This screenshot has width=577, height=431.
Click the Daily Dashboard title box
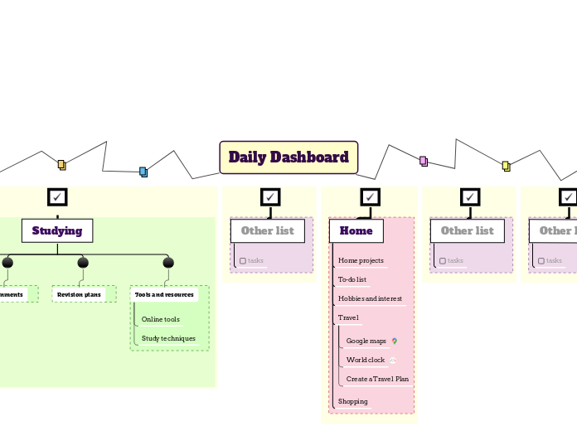coord(288,157)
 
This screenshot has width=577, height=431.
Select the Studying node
coord(57,230)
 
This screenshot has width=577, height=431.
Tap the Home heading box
coord(356,230)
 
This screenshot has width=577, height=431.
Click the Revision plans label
coord(80,294)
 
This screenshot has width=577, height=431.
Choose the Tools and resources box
coord(164,294)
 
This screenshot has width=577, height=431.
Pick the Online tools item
coord(161,319)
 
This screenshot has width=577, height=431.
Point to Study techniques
coord(168,338)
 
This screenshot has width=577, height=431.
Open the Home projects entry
coord(361,260)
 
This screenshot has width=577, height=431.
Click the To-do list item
coord(352,279)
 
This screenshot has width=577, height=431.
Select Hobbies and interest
coord(370,298)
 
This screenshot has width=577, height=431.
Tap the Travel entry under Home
coord(348,317)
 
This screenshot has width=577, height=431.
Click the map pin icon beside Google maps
coord(395,341)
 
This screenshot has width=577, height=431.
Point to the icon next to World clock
coord(393,360)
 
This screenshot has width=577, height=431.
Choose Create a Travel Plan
coord(377,379)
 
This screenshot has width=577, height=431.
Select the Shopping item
coord(353,401)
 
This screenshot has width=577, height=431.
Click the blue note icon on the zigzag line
coord(143,172)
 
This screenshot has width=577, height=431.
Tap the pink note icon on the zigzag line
coord(423,161)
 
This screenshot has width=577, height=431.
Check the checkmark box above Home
coord(370,196)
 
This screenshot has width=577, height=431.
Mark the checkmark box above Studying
coord(57,196)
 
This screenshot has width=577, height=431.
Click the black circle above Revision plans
coord(83,263)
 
